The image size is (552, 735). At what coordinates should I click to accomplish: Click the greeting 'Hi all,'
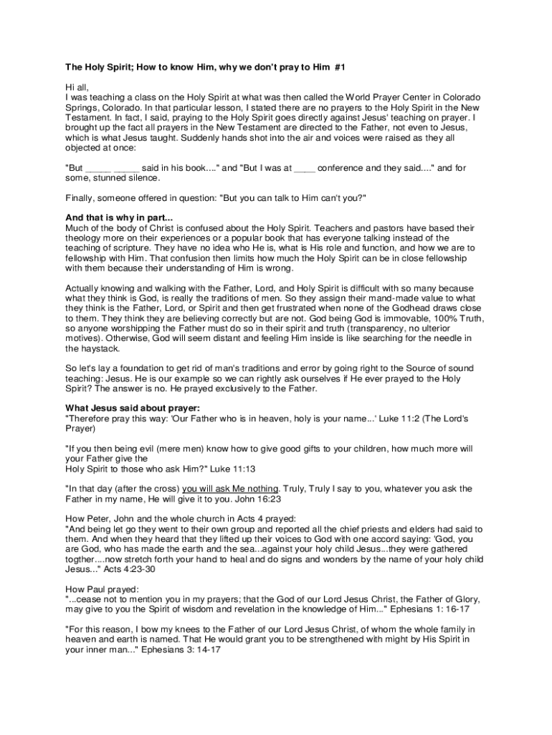pos(79,87)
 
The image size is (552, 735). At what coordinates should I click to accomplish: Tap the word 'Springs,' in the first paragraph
pos(82,107)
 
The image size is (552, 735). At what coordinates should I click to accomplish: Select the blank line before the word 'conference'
pos(305,169)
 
